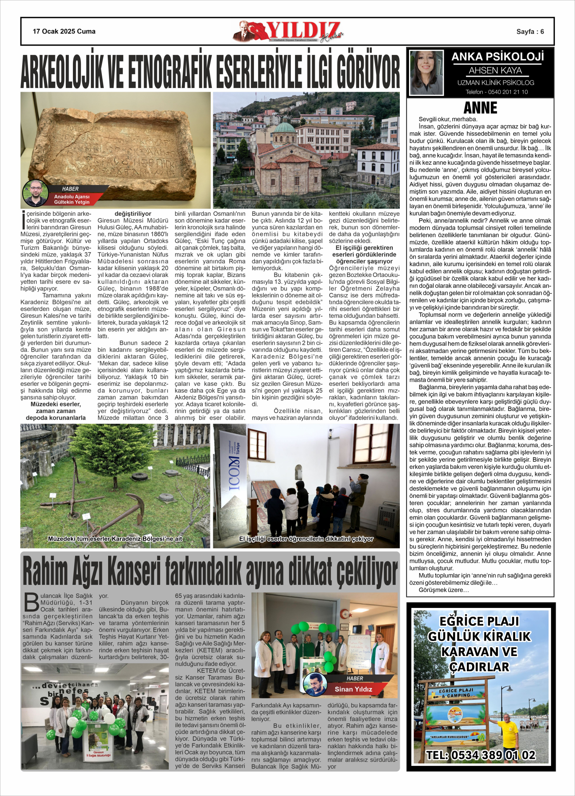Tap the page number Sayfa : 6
click(530, 32)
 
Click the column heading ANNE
click(480, 108)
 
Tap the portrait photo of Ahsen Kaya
click(426, 73)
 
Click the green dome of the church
click(284, 128)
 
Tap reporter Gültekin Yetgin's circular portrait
click(35, 193)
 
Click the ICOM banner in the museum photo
click(233, 465)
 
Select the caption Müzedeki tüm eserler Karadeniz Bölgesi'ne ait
click(115, 539)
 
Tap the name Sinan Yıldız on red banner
click(353, 689)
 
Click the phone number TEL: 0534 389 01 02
click(481, 755)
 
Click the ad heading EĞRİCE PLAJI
click(479, 621)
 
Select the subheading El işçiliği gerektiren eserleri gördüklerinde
click(364, 251)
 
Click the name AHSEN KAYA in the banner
click(495, 70)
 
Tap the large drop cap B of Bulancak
click(31, 602)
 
